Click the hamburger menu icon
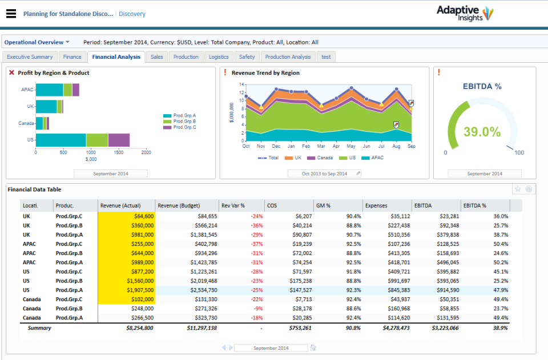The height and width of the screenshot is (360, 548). click(11, 14)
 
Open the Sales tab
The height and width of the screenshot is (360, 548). click(156, 57)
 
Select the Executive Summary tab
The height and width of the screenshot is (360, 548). click(30, 57)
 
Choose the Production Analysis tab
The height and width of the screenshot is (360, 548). click(288, 57)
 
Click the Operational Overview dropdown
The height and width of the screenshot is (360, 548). click(37, 42)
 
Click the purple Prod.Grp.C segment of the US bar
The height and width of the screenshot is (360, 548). click(119, 140)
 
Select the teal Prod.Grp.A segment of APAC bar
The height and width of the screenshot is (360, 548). click(49, 90)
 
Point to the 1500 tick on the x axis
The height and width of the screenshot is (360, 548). click(119, 152)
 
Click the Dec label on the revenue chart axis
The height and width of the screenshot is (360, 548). click(276, 146)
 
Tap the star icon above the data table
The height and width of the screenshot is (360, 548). click(518, 189)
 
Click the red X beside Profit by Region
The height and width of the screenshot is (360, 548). click(11, 73)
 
